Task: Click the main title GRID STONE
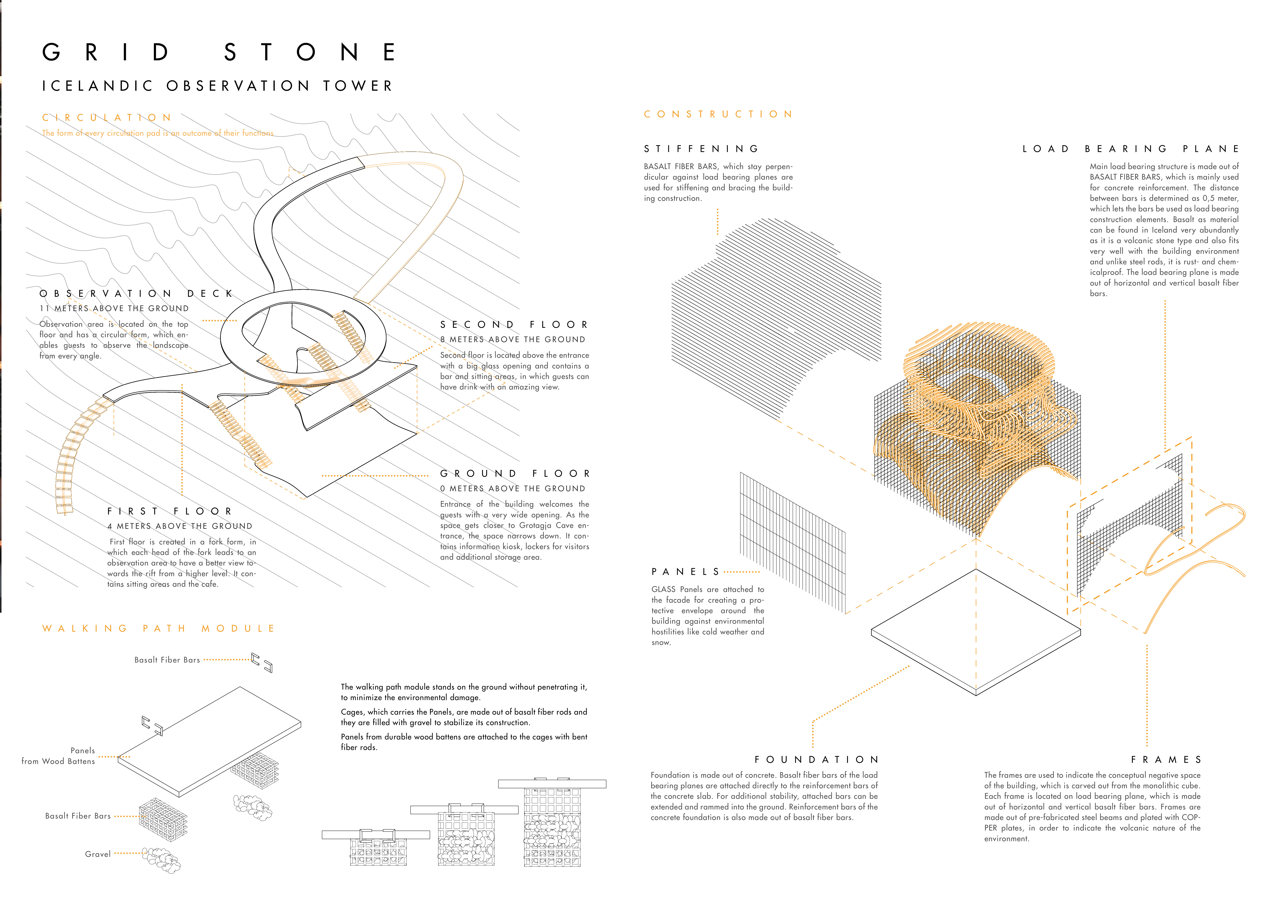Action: pos(219,53)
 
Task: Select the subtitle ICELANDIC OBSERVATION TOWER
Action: pos(217,86)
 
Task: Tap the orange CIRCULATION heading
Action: pos(107,118)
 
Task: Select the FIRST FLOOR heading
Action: pos(170,511)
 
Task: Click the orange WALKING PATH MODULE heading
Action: pos(159,628)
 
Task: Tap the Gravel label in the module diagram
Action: pos(98,854)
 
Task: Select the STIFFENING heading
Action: pos(701,149)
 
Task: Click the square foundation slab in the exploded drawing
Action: pos(976,632)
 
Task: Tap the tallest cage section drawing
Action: pos(552,826)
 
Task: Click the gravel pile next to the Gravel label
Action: pos(162,861)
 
